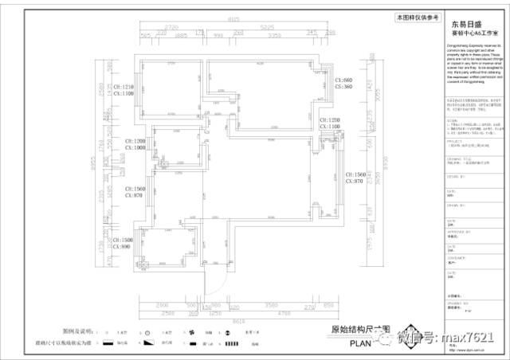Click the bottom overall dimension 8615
pyautogui.click(x=237, y=321)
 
